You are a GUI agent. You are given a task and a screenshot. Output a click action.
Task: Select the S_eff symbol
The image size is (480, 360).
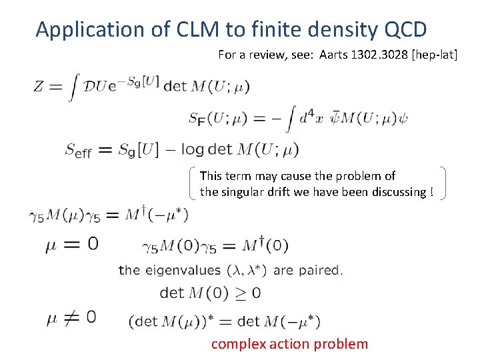tap(78, 150)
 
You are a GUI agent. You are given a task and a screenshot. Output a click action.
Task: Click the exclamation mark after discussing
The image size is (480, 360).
tap(432, 192)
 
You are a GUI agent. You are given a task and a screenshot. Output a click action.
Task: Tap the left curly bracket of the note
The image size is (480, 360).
tap(192, 183)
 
